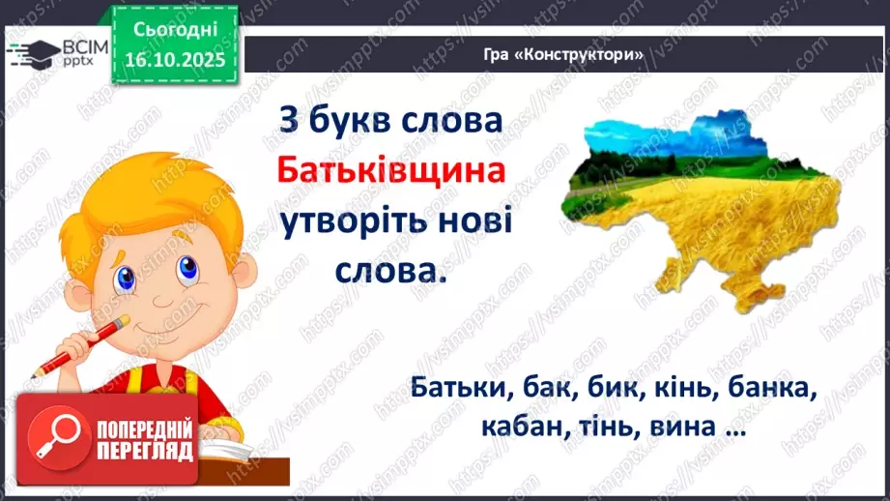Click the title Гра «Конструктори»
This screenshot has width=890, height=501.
click(563, 54)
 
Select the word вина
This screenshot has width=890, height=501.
click(679, 426)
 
